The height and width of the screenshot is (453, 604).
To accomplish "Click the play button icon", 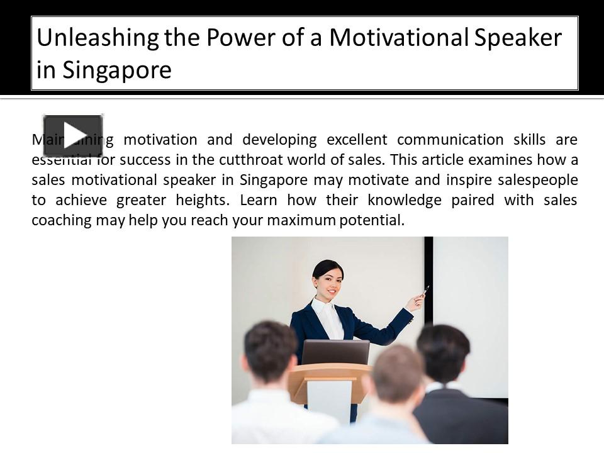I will click(x=73, y=135).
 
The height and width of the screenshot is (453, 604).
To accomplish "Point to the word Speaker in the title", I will click(x=518, y=38).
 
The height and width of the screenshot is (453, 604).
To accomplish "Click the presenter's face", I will click(x=328, y=281).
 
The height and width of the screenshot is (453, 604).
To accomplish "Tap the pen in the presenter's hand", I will click(x=426, y=290).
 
